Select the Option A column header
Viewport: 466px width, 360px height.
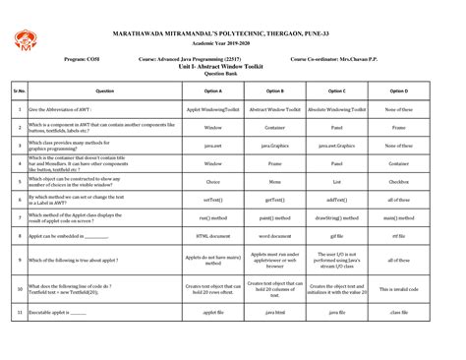point(212,90)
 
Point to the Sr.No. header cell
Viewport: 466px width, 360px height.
point(20,90)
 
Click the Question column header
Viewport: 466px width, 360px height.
point(105,90)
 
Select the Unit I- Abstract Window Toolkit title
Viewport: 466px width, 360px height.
point(233,64)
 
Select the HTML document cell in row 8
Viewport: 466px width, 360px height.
point(212,236)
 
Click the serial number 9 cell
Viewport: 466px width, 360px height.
point(20,261)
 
